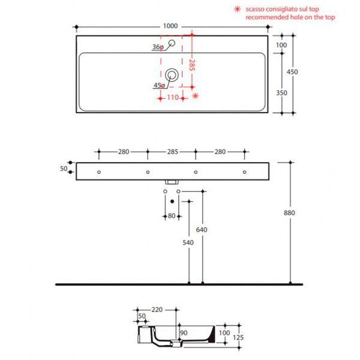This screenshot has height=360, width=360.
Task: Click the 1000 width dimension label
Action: tap(170, 26)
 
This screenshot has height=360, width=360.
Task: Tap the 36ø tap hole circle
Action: tap(172, 43)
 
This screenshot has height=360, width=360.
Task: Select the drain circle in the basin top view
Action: tap(172, 75)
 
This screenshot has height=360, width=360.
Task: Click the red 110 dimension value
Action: tap(173, 97)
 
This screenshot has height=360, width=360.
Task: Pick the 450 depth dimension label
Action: tap(292, 72)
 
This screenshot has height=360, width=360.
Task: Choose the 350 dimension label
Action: tap(281, 93)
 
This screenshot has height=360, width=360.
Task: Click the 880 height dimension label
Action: tap(289, 213)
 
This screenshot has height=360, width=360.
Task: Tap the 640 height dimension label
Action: tap(202, 230)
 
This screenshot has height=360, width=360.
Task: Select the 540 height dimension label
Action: tap(188, 242)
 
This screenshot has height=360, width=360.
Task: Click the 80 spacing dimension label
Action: tap(172, 216)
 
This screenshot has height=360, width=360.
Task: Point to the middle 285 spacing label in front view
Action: tap(172, 152)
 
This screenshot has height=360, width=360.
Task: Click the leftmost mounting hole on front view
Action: tap(99, 172)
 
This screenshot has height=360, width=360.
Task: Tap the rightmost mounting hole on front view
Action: tap(245, 172)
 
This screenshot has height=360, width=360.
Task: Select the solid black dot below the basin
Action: tap(172, 202)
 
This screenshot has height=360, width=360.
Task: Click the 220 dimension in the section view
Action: tap(157, 310)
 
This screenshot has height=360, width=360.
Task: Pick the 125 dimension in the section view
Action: tap(238, 337)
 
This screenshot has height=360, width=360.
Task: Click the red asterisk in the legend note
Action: tap(237, 9)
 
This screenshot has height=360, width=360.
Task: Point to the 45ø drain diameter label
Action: tap(160, 85)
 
